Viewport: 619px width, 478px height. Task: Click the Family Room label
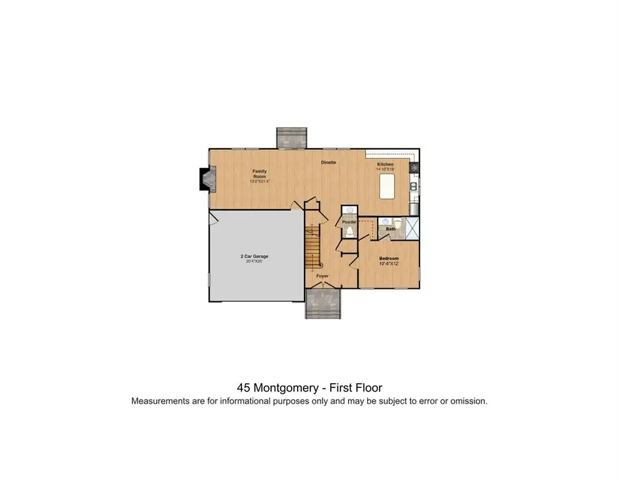259,173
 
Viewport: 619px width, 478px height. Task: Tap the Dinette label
328,162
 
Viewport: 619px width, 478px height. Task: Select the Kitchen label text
384,164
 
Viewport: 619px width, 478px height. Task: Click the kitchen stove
414,167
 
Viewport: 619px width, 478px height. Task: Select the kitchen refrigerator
414,208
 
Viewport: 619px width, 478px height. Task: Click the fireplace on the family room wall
205,180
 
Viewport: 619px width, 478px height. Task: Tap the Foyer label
322,276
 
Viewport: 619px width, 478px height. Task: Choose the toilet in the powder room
349,232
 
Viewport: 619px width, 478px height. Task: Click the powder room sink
349,210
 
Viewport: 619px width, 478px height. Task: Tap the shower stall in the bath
411,227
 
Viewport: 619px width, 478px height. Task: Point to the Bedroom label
389,258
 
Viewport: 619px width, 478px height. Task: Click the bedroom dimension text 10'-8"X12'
389,263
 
